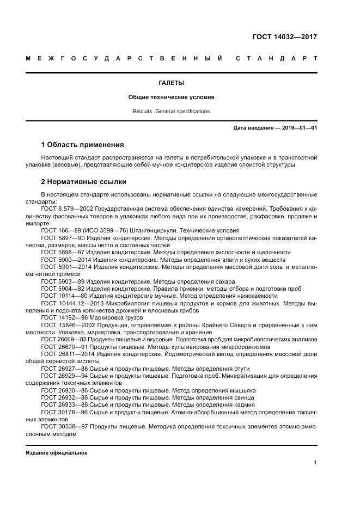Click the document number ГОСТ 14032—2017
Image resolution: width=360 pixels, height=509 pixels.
point(284,37)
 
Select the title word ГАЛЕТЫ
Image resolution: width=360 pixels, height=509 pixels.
point(171,83)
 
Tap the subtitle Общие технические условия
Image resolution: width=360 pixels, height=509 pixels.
point(171,97)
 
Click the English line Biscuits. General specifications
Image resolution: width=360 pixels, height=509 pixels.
point(171,111)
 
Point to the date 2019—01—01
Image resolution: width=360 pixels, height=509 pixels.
point(298,128)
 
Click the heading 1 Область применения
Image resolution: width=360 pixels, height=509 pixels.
point(82,145)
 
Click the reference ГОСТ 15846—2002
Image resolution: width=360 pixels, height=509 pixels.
point(67,324)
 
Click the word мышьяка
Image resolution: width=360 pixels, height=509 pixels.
point(242,390)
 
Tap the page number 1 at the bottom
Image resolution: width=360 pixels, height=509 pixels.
point(315,463)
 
